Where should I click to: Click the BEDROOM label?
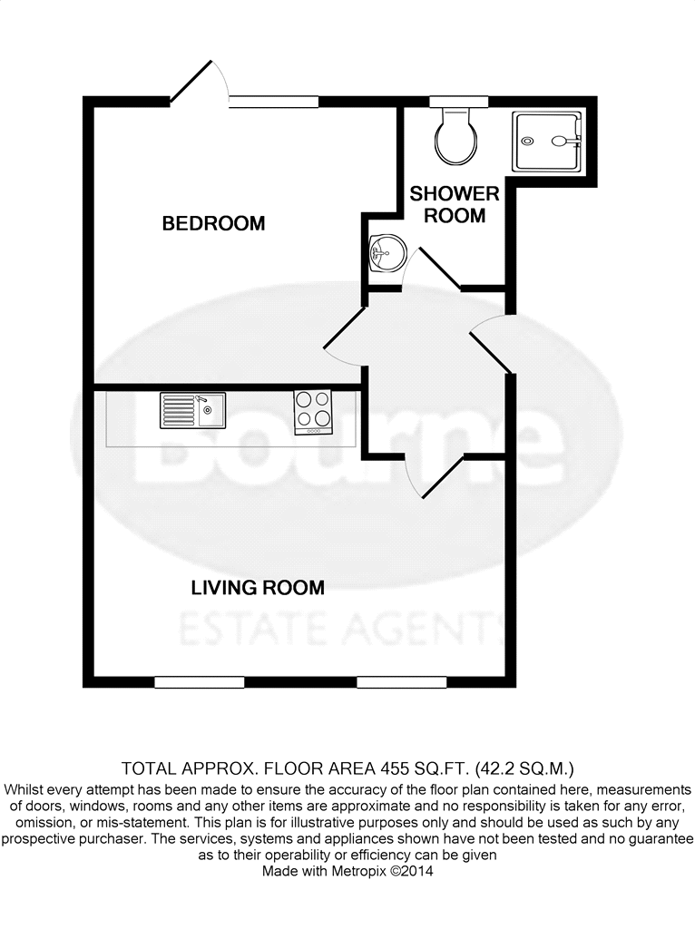pos(213,223)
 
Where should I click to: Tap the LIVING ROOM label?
pos(258,588)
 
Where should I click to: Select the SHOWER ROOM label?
pos(455,204)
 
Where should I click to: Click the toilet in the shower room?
pos(456,136)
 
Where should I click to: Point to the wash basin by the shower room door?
pos(387,253)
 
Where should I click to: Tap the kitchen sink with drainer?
pos(192,411)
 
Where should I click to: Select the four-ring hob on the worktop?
pos(313,411)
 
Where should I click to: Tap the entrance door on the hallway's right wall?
pos(491,344)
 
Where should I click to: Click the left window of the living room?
pos(199,682)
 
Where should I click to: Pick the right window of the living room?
pos(401,682)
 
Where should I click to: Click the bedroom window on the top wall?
pos(274,102)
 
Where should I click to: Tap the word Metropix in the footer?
pos(357,872)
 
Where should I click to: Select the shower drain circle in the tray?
pos(527,141)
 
